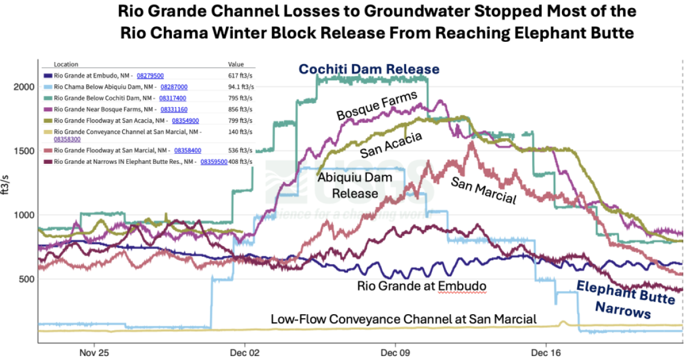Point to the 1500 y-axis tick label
pyautogui.click(x=24, y=151)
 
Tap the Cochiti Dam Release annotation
pyautogui.click(x=368, y=69)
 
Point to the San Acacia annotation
pyautogui.click(x=392, y=144)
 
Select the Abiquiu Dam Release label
pyautogui.click(x=347, y=185)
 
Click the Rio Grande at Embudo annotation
pyautogui.click(x=421, y=285)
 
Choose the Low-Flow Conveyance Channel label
pyautogui.click(x=404, y=319)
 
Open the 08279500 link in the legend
pyautogui.click(x=150, y=75)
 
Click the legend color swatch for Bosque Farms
pyautogui.click(x=49, y=109)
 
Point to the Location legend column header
pyautogui.click(x=65, y=64)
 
